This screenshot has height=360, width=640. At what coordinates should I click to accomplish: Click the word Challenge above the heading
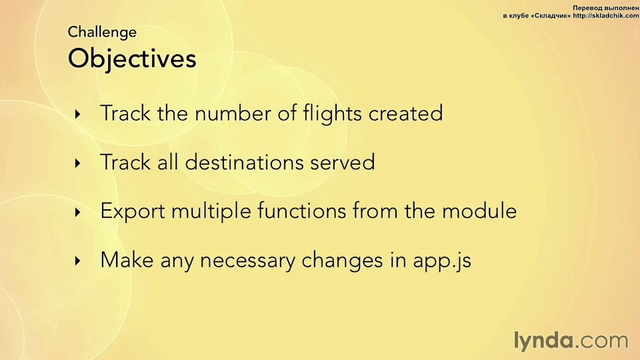coord(102,33)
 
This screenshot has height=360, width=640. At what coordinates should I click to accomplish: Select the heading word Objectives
coord(132,59)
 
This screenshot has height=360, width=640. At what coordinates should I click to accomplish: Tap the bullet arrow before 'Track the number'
coord(77,114)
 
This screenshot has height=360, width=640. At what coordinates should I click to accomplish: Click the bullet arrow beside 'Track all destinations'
coord(77,163)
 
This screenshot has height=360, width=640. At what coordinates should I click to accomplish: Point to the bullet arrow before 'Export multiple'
coord(77,212)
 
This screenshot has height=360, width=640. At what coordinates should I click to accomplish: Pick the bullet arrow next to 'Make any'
coord(77,261)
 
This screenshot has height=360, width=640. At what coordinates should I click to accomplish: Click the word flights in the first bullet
coord(332,114)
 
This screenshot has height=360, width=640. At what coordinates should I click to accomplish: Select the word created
coord(406,113)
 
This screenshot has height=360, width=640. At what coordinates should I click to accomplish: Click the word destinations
coord(244,162)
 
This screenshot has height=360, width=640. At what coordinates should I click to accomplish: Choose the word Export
coord(133,212)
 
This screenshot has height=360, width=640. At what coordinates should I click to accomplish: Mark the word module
coord(479,211)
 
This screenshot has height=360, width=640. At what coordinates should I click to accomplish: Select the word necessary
coord(248,261)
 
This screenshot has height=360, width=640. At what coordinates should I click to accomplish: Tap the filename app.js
coord(442,261)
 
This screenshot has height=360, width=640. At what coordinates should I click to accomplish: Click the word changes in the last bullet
coord(342,261)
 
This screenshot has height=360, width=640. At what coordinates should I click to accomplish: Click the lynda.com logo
coord(571,341)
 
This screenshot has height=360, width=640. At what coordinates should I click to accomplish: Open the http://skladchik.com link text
coord(606,16)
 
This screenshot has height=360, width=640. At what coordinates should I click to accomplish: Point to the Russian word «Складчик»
coord(551,16)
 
